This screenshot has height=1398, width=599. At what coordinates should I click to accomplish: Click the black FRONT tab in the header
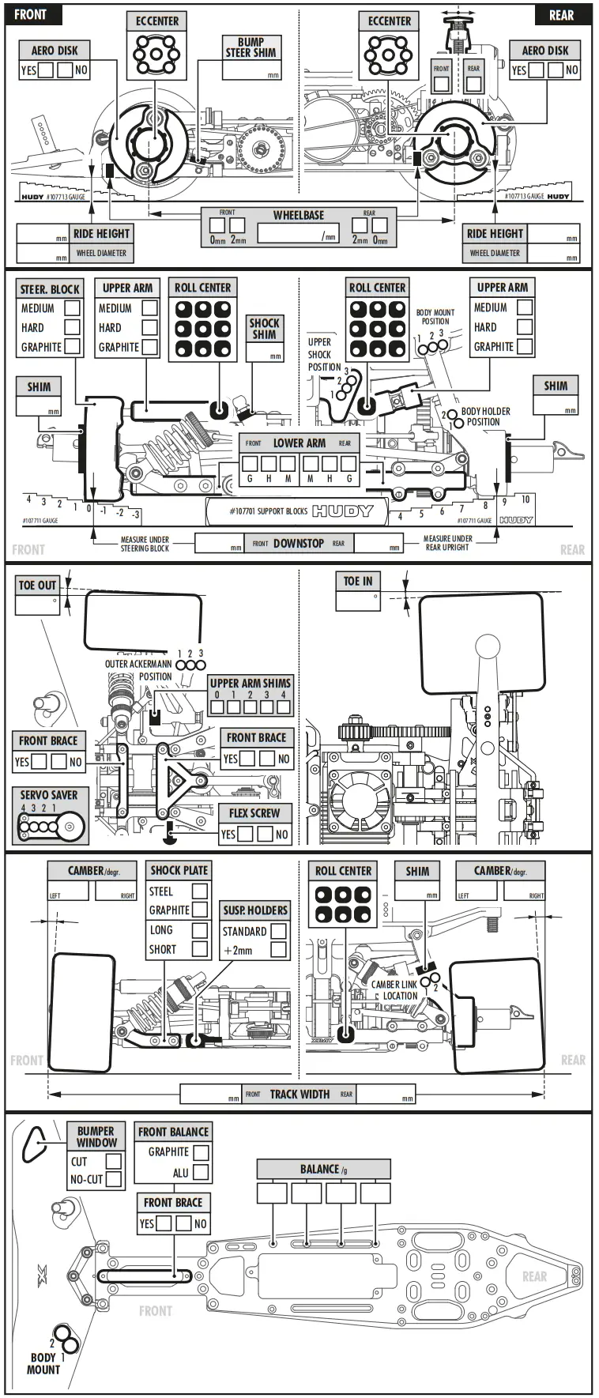pyautogui.click(x=30, y=14)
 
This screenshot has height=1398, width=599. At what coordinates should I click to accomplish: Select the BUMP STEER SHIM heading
pyautogui.click(x=251, y=47)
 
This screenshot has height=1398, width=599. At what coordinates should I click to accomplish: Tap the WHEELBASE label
pyautogui.click(x=298, y=215)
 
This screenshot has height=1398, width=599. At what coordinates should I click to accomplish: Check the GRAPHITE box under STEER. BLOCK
pyautogui.click(x=72, y=346)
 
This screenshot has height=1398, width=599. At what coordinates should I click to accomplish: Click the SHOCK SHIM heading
pyautogui.click(x=264, y=328)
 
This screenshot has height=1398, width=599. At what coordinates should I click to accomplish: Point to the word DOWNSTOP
pyautogui.click(x=298, y=543)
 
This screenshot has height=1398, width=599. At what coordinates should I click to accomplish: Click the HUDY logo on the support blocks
pyautogui.click(x=341, y=511)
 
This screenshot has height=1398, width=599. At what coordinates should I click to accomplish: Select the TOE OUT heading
pyautogui.click(x=37, y=585)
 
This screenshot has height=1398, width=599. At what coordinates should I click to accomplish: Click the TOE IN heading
pyautogui.click(x=357, y=581)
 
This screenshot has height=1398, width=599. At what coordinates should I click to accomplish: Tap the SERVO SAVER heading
pyautogui.click(x=49, y=795)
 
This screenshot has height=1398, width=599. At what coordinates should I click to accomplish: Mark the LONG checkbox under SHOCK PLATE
pyautogui.click(x=200, y=930)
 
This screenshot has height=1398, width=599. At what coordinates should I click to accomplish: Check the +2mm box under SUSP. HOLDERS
pyautogui.click(x=278, y=950)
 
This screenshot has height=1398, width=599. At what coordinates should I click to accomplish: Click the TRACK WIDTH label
pyautogui.click(x=299, y=1094)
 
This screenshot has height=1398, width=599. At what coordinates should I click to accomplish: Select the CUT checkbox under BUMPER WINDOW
pyautogui.click(x=114, y=1161)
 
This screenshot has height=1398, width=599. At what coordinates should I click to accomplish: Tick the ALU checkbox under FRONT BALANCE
pyautogui.click(x=201, y=1172)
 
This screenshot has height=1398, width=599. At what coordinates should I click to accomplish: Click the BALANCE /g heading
pyautogui.click(x=323, y=1169)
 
